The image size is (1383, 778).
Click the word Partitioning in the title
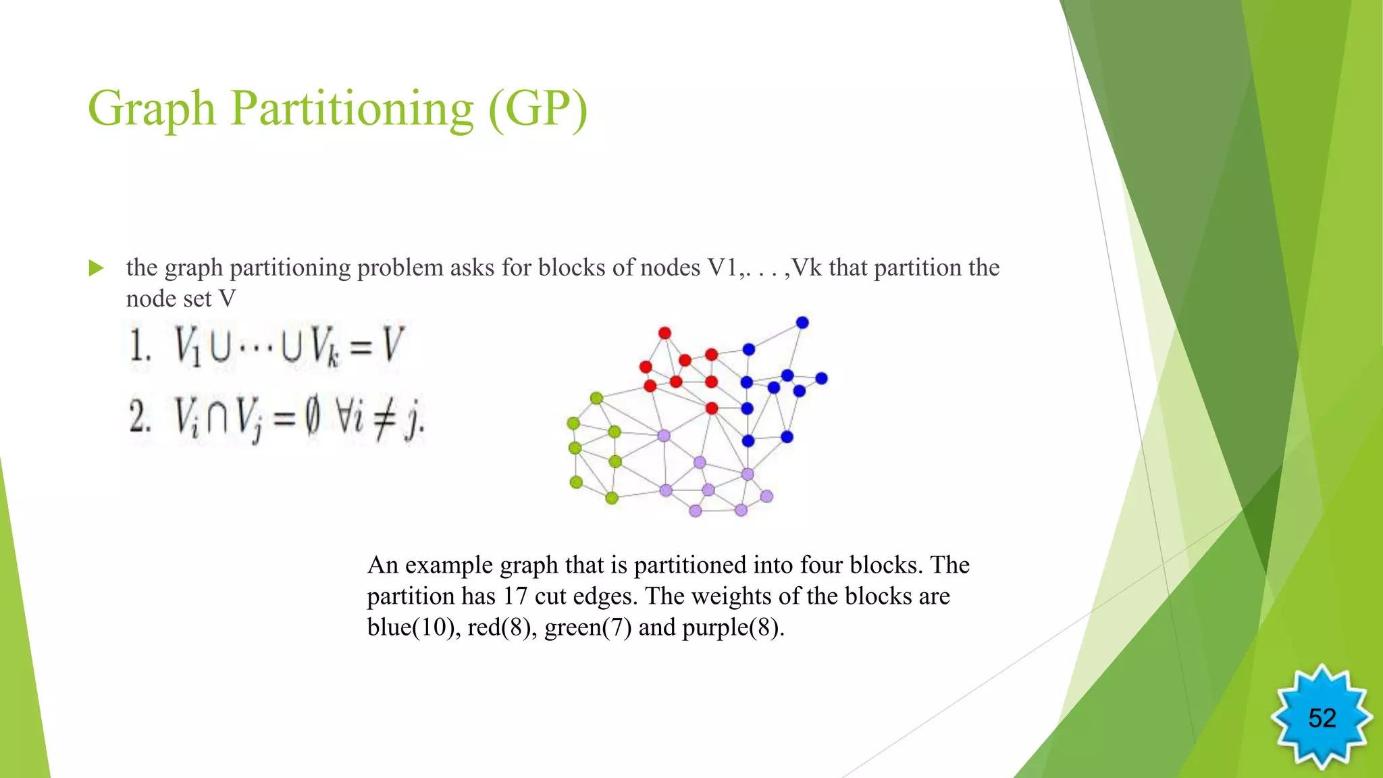[352, 109]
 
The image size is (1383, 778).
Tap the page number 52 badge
[1322, 718]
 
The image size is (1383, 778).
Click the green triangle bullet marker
[97, 269]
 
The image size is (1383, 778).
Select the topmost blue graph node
[802, 323]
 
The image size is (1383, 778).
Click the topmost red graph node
[664, 333]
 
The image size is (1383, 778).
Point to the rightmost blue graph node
[821, 378]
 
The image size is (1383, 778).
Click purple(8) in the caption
[732, 627]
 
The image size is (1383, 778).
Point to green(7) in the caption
[588, 627]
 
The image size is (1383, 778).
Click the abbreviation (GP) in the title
[538, 109]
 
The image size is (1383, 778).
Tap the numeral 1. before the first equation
[140, 346]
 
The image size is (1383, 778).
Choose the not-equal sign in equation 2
[384, 419]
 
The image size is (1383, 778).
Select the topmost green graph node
[596, 398]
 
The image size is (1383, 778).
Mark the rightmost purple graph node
[766, 496]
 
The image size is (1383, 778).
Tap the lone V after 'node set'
[228, 299]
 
